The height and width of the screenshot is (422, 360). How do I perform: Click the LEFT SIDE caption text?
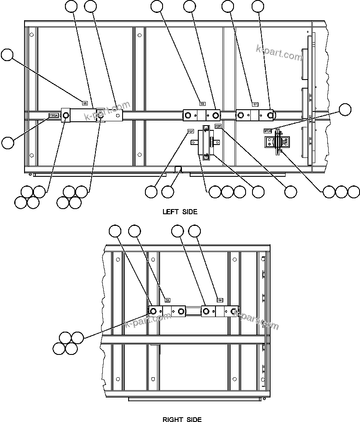[180, 212]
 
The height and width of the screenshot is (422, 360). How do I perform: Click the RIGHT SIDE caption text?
[182, 419]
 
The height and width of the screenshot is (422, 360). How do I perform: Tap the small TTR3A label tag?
[53, 115]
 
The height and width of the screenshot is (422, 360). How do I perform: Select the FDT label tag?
[190, 131]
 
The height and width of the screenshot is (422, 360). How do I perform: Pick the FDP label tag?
[218, 126]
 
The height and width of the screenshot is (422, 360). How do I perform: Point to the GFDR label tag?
[268, 130]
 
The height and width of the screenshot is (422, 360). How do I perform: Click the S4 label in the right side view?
[168, 300]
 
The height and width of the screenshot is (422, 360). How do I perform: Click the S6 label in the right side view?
[219, 300]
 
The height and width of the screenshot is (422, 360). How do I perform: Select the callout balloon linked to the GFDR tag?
[345, 110]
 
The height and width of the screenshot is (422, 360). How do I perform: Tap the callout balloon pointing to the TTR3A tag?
[8, 142]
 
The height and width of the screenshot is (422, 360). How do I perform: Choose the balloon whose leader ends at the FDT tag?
[151, 192]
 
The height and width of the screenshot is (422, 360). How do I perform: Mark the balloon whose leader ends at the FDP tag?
[291, 192]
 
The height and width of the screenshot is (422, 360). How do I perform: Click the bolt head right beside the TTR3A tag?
[66, 115]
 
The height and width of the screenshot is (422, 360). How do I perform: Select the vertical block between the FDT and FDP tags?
[204, 145]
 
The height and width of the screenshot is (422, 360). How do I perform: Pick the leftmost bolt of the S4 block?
[153, 311]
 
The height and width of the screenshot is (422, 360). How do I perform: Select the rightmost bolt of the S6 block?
[234, 311]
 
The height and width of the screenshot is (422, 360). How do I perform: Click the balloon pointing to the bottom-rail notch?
[168, 192]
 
